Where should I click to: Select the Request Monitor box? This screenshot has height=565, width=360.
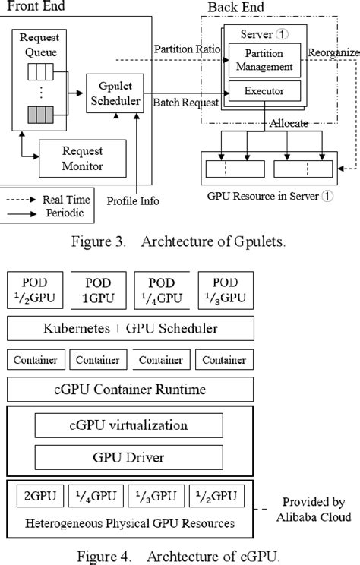click(82, 160)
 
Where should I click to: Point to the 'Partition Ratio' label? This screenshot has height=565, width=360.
click(187, 49)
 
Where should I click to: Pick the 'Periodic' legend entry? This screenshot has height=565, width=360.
click(66, 213)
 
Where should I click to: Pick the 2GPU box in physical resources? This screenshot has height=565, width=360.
click(39, 497)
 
